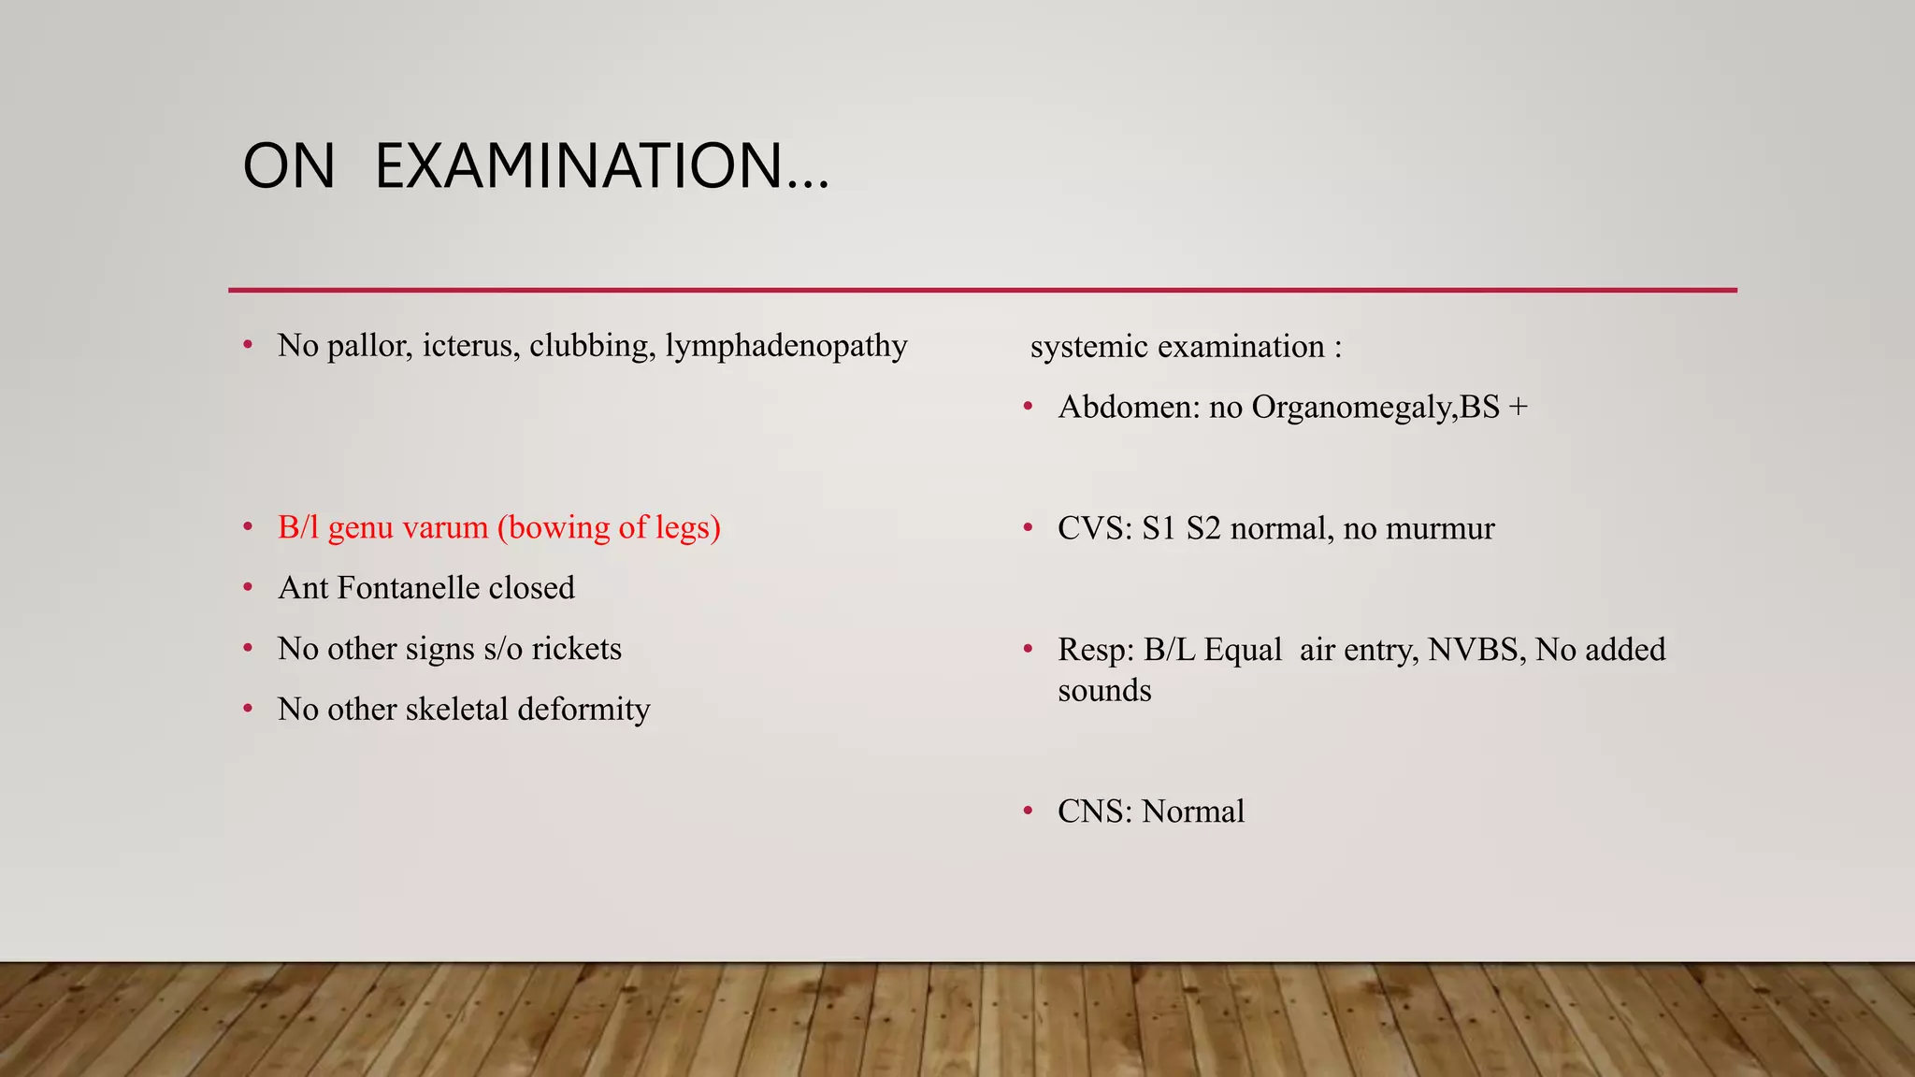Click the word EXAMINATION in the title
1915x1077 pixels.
tap(601, 166)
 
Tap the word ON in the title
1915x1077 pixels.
tap(289, 166)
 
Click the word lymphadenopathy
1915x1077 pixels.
tap(785, 347)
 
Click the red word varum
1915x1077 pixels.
tap(445, 527)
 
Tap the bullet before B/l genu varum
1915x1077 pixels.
tap(248, 526)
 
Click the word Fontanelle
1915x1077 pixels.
tap(409, 588)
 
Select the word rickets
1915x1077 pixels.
tap(576, 649)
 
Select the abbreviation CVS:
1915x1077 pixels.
tap(1095, 529)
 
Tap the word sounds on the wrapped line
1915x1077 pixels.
tap(1104, 691)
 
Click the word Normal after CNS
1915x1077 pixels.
tap(1193, 811)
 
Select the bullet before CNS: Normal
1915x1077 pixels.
tap(1029, 811)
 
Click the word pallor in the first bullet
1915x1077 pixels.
tap(369, 347)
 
